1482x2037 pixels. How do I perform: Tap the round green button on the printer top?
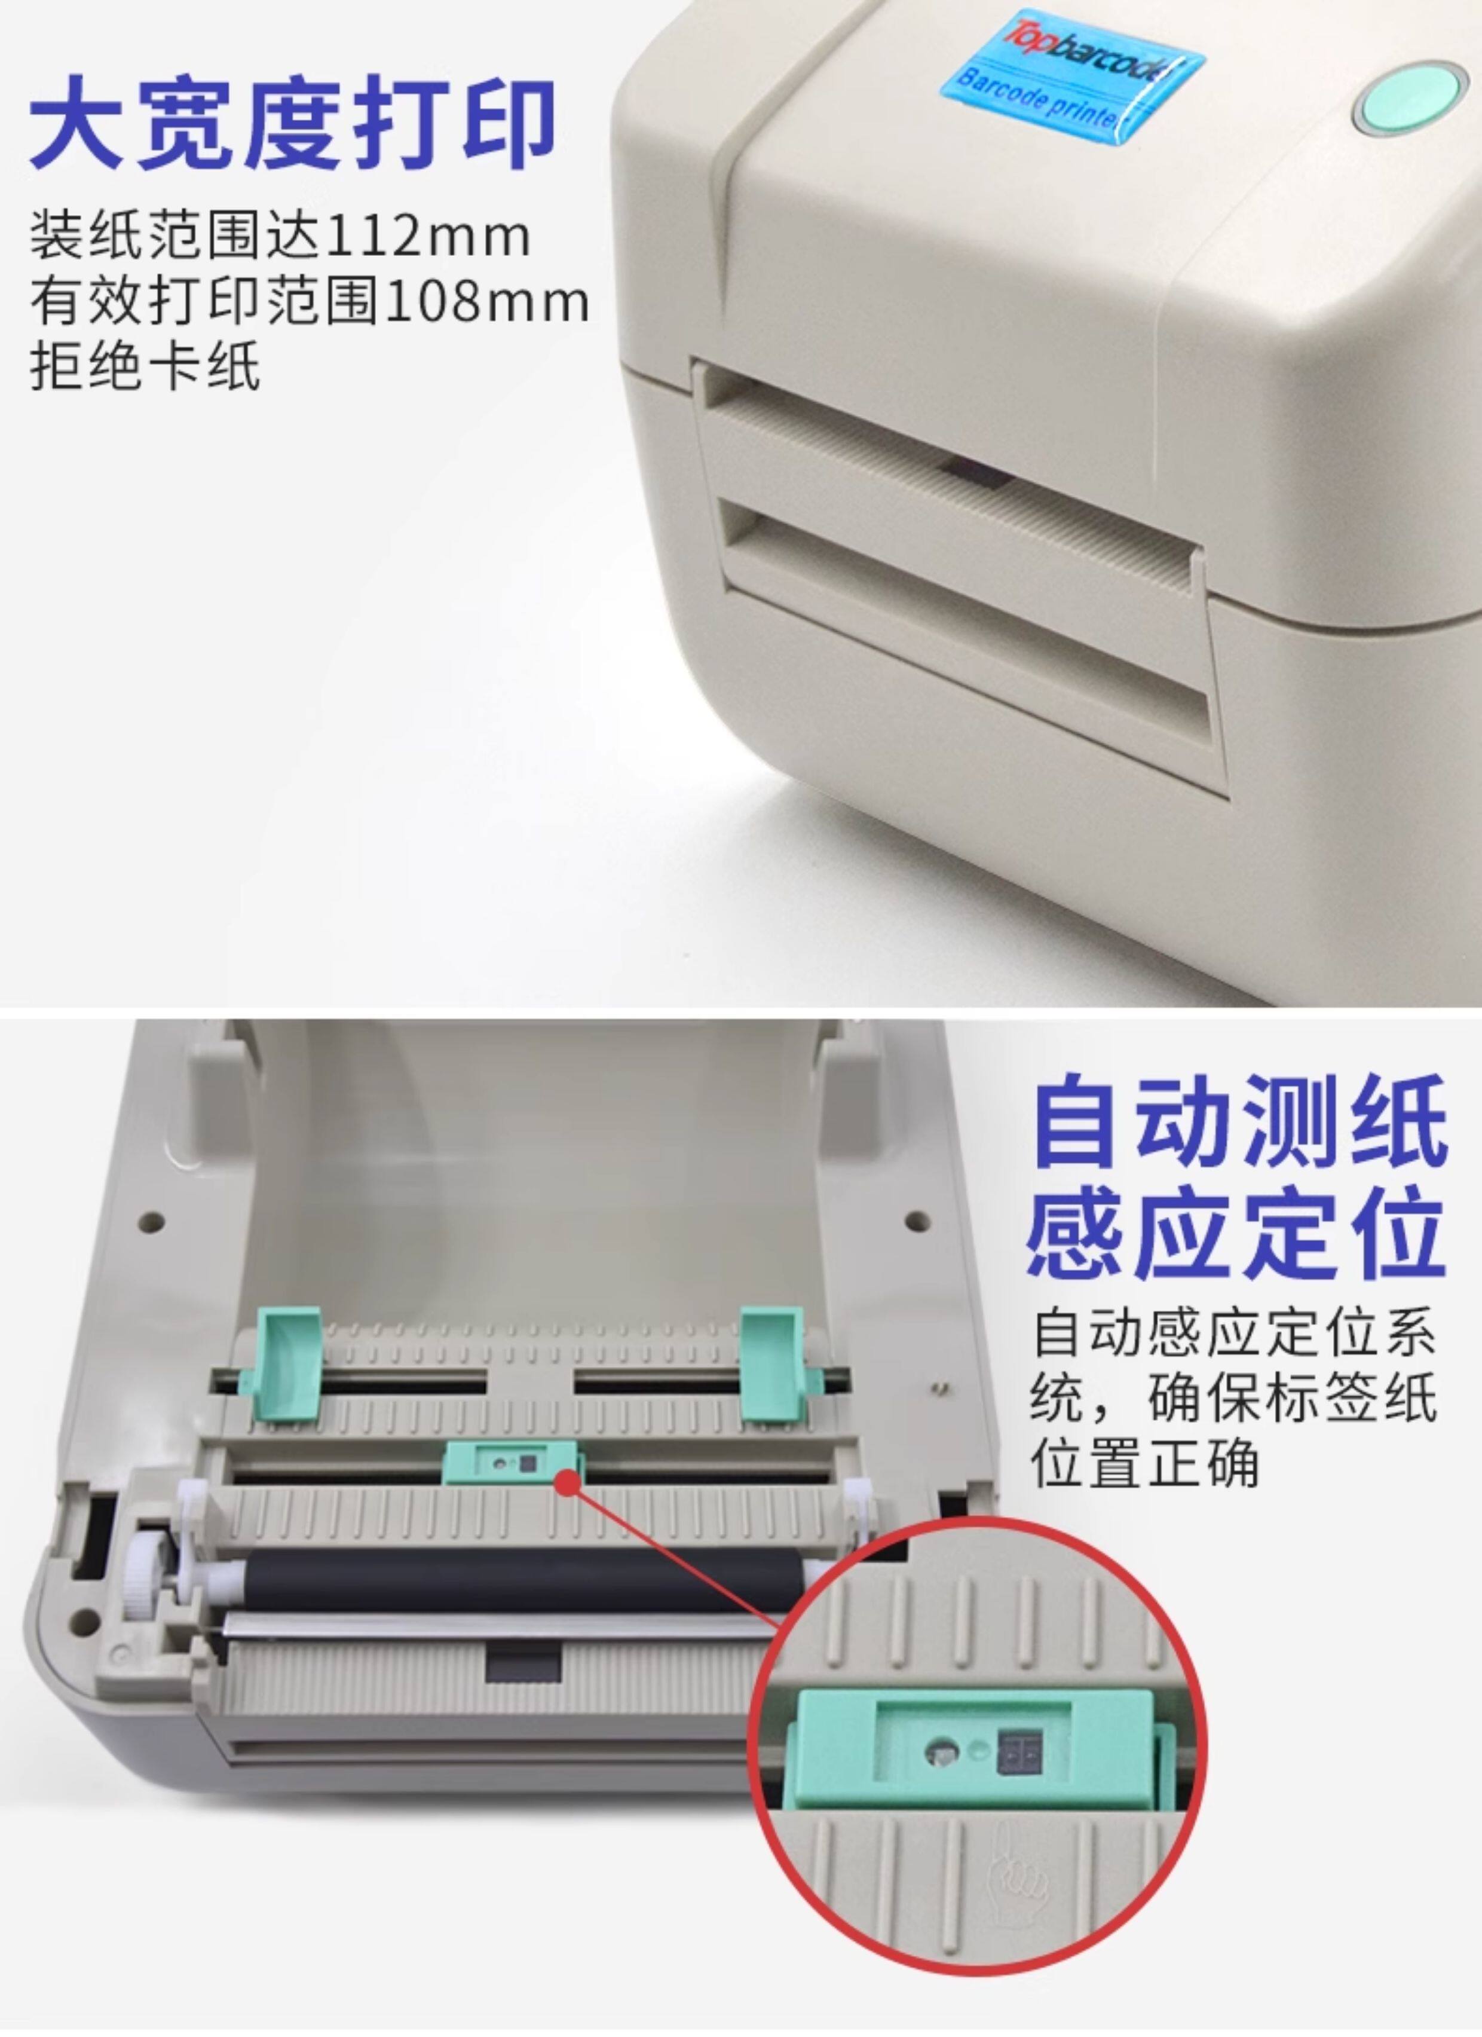tap(1410, 97)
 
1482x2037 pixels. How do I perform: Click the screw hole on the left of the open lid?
tap(151, 1222)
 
